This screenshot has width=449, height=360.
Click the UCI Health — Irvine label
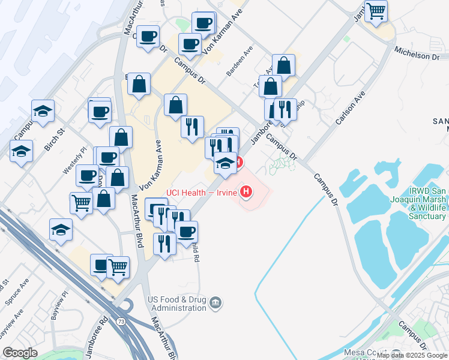pyautogui.click(x=202, y=192)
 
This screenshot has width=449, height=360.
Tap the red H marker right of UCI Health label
pyautogui.click(x=246, y=192)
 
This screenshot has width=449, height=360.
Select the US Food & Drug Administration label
pyautogui.click(x=178, y=304)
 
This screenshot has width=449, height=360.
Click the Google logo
pyautogui.click(x=20, y=353)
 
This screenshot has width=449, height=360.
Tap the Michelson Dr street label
pyautogui.click(x=417, y=55)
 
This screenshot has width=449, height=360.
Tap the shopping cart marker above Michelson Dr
pyautogui.click(x=376, y=10)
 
